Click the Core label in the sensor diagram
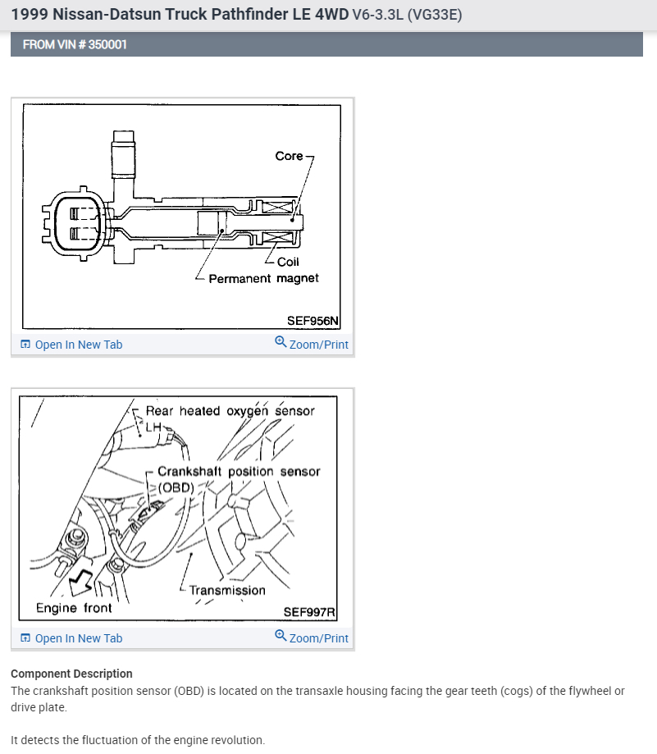[289, 156]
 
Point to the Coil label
[288, 263]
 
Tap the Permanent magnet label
[263, 279]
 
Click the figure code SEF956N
[313, 321]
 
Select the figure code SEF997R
[310, 611]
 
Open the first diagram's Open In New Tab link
[78, 345]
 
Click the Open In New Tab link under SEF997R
[78, 638]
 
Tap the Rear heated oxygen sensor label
[230, 411]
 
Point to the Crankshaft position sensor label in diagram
[238, 472]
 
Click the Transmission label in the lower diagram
[227, 590]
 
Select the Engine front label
[74, 608]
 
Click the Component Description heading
[71, 674]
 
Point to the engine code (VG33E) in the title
[428, 14]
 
